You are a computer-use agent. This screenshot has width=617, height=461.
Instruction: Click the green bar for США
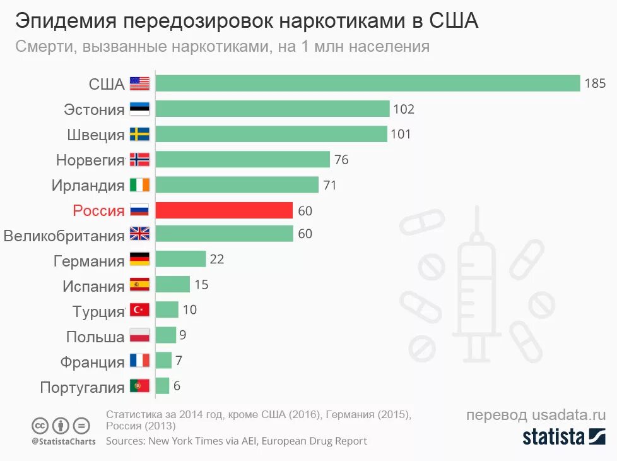pyautogui.click(x=367, y=83)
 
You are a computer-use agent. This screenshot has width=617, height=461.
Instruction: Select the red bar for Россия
pyautogui.click(x=224, y=210)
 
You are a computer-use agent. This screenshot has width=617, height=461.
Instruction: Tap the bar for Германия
pyautogui.click(x=180, y=259)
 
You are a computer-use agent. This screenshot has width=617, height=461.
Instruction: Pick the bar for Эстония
pyautogui.click(x=272, y=109)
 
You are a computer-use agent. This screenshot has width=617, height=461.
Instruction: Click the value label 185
pyautogui.click(x=594, y=83)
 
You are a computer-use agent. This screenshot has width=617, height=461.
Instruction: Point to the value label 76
pyautogui.click(x=341, y=160)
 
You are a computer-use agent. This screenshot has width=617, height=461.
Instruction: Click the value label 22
pyautogui.click(x=217, y=259)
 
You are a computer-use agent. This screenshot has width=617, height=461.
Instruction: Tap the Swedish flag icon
pyautogui.click(x=139, y=134)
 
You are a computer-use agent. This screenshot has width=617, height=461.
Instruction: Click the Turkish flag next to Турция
pyautogui.click(x=139, y=310)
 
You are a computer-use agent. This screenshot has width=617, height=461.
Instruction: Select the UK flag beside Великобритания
pyautogui.click(x=139, y=234)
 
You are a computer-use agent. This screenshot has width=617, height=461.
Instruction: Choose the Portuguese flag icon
pyautogui.click(x=139, y=385)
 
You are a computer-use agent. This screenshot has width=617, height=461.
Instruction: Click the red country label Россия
pyautogui.click(x=98, y=210)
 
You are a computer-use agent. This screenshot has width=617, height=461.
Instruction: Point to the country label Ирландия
pyautogui.click(x=88, y=185)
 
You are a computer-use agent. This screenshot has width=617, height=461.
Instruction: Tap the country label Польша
pyautogui.click(x=95, y=337)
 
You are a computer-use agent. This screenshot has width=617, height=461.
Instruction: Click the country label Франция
pyautogui.click(x=93, y=362)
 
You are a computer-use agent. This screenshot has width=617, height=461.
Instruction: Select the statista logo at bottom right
pyautogui.click(x=563, y=436)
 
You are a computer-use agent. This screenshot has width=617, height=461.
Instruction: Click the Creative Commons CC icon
pyautogui.click(x=40, y=425)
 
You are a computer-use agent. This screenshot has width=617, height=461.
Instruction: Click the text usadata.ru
pyautogui.click(x=568, y=415)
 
